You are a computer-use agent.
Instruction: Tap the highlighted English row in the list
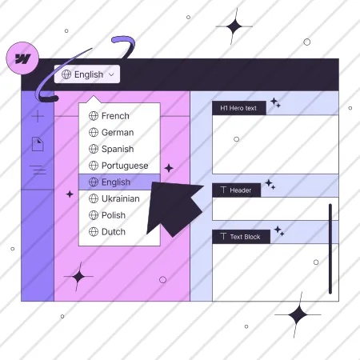pyautogui.click(x=119, y=182)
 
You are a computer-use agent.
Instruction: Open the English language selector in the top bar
pyautogui.click(x=87, y=74)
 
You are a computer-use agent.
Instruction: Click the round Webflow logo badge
pyautogui.click(x=22, y=58)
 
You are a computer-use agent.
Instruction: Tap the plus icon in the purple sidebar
pyautogui.click(x=38, y=116)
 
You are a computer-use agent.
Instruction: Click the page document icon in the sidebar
pyautogui.click(x=38, y=144)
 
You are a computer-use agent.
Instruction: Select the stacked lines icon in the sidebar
pyautogui.click(x=38, y=170)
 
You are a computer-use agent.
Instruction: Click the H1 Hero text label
pyautogui.click(x=239, y=108)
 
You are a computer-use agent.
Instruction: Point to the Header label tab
pyautogui.click(x=237, y=190)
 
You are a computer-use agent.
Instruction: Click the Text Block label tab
pyautogui.click(x=242, y=237)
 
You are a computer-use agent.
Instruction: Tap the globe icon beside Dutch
pyautogui.click(x=94, y=232)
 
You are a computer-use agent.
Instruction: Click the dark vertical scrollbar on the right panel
pyautogui.click(x=330, y=249)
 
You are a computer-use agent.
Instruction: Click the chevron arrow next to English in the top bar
pyautogui.click(x=111, y=74)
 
